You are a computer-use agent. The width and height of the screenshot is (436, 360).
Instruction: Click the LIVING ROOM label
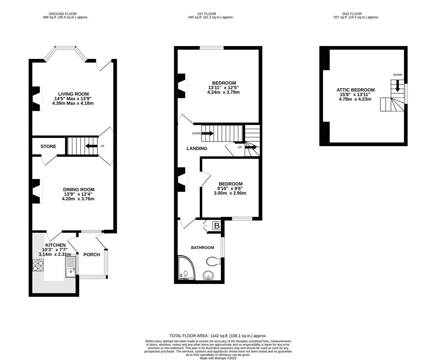click(73, 94)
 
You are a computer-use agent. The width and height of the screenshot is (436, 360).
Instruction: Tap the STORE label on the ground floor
click(48, 146)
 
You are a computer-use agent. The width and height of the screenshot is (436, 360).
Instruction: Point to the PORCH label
click(91, 255)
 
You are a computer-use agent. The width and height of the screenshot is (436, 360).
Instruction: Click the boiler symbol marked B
click(216, 226)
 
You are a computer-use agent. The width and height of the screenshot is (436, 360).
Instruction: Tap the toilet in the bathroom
click(213, 261)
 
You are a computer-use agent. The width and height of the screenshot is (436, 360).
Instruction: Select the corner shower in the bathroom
click(185, 268)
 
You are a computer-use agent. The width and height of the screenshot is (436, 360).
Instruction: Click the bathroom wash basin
click(208, 276)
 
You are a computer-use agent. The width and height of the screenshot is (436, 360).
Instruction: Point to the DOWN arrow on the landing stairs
click(207, 133)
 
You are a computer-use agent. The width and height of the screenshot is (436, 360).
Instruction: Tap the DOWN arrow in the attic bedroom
click(397, 87)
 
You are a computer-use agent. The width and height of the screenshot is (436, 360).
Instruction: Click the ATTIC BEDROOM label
click(355, 90)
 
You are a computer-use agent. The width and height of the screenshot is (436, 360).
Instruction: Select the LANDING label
click(196, 148)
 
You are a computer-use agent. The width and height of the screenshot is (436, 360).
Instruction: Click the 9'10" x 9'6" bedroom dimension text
click(231, 188)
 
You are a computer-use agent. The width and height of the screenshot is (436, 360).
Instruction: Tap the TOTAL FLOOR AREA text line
click(218, 336)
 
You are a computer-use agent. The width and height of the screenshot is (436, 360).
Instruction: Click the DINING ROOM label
click(78, 190)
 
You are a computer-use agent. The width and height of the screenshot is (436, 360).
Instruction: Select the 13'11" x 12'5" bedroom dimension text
click(224, 88)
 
